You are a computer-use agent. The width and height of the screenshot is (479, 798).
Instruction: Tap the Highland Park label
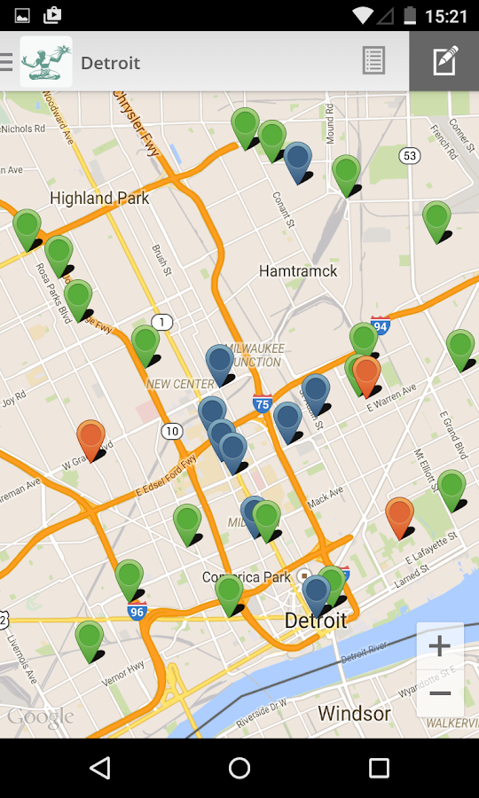click(99, 198)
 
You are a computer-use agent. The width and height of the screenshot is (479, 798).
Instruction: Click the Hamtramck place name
click(298, 270)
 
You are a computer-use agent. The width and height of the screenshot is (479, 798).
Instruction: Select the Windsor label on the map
click(354, 713)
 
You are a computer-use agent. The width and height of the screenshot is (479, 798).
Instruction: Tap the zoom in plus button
click(440, 645)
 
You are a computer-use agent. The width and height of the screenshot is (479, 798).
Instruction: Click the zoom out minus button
click(440, 692)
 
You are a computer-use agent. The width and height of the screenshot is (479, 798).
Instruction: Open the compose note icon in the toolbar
click(444, 61)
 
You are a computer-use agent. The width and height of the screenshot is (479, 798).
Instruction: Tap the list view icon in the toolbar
click(373, 61)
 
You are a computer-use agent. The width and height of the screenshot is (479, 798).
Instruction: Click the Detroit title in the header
click(111, 63)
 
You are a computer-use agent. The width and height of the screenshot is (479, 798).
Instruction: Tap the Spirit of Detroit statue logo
click(46, 61)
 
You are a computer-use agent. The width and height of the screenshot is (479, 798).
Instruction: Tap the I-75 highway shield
click(263, 403)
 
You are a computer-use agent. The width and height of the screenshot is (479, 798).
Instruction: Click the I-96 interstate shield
click(137, 611)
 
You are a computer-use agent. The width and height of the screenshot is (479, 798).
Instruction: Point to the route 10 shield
click(172, 431)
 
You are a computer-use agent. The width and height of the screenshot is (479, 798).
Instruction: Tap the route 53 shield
click(409, 156)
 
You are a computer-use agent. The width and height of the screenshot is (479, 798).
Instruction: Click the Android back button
click(100, 768)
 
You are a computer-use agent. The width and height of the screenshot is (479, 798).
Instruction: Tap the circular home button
click(239, 768)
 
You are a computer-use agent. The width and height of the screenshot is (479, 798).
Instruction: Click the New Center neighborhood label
click(181, 384)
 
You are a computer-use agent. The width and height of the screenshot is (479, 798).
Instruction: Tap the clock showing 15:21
click(446, 15)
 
